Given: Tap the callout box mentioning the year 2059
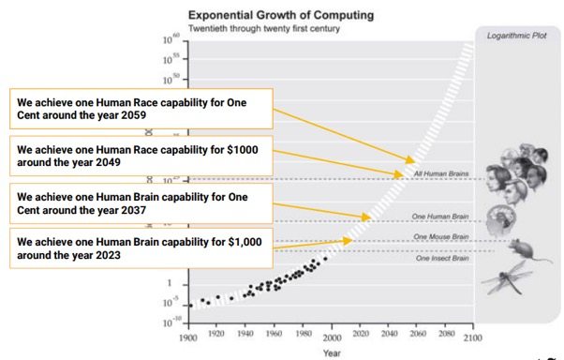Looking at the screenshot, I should (140, 109).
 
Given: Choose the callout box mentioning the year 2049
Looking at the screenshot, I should (140, 155).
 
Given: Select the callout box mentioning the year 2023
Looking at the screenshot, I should (140, 248).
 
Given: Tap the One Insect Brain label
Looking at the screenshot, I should (441, 258).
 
